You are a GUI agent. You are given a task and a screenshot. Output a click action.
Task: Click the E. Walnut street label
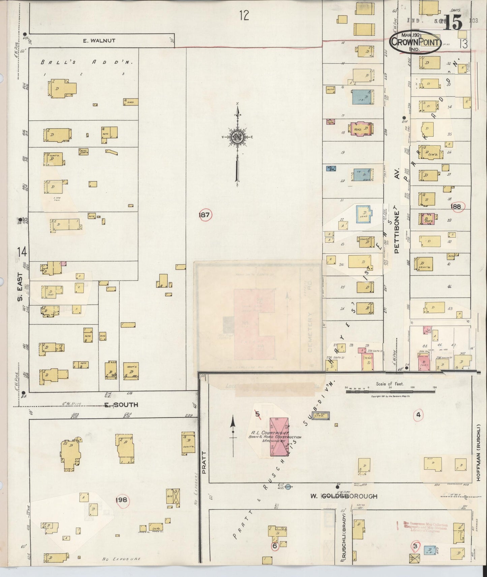point(99,41)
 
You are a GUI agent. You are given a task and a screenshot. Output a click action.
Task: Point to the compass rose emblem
point(238,137)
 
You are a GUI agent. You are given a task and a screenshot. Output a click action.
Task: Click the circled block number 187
point(205,214)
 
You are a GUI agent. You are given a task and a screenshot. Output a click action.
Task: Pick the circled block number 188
point(456,206)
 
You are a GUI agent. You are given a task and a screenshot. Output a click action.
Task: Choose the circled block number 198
point(121,500)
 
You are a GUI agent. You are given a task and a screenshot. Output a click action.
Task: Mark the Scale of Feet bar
point(390,391)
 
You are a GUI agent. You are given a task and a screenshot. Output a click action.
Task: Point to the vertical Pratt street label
point(204,463)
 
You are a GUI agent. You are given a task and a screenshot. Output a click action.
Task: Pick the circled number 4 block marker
point(418,415)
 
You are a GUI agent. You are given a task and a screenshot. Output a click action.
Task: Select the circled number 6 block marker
point(275,546)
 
